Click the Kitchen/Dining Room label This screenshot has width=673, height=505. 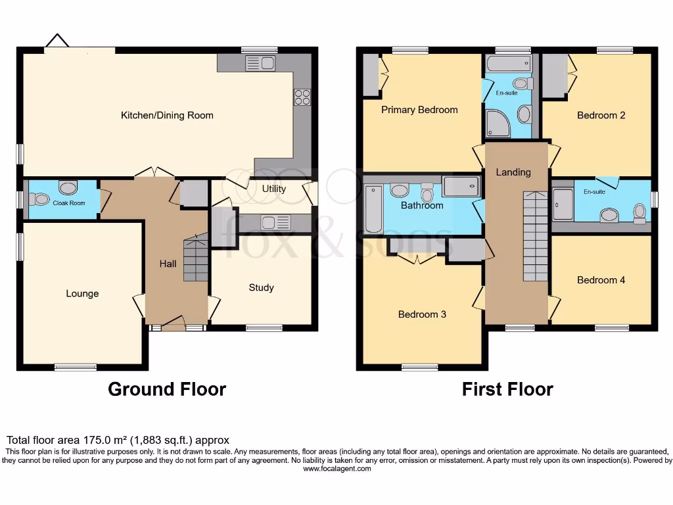point(167,116)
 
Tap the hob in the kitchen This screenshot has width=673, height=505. point(302,97)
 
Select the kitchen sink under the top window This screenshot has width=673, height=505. point(261,64)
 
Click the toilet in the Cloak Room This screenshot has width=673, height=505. point(41,198)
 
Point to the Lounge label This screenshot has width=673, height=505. point(82,293)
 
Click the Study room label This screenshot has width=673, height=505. point(261,287)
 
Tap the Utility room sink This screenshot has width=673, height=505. point(275,222)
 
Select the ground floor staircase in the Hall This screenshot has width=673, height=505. point(195,259)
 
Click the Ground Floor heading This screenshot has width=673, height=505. point(167,389)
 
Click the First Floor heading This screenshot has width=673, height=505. point(507,389)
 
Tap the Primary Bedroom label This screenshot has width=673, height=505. point(419,110)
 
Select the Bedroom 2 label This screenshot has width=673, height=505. point(601,116)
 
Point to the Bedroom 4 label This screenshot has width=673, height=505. point(601,280)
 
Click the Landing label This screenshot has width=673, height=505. point(513,172)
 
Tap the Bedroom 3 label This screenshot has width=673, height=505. point(422,314)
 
